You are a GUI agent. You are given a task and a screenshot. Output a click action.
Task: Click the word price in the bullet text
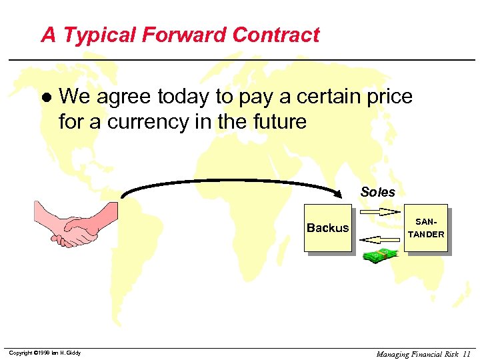[x=389, y=97]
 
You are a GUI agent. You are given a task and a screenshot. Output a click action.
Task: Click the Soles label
[x=377, y=192]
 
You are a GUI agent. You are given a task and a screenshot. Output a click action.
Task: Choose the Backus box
[x=327, y=228]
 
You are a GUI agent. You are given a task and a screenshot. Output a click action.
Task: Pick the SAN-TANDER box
[x=425, y=227]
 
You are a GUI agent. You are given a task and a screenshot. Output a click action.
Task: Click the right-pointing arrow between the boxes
[x=378, y=213]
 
